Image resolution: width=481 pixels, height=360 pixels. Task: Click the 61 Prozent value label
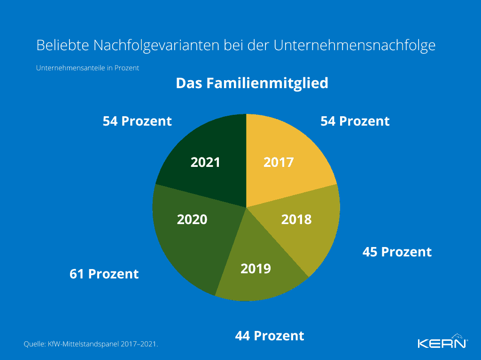pyautogui.click(x=104, y=274)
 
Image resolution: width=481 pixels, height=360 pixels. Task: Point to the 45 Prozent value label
pyautogui.click(x=397, y=252)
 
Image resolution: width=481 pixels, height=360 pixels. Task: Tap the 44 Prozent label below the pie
pyautogui.click(x=270, y=336)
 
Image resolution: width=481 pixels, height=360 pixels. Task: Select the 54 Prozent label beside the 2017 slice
pyautogui.click(x=355, y=121)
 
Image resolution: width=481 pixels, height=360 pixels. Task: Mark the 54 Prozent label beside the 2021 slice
pyautogui.click(x=137, y=121)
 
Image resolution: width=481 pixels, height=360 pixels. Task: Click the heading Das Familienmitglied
pyautogui.click(x=252, y=83)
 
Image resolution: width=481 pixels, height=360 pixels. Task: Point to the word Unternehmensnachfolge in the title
pyautogui.click(x=355, y=45)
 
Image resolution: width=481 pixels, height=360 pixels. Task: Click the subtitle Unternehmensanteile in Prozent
pyautogui.click(x=88, y=68)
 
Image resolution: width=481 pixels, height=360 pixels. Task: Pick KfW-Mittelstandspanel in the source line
pyautogui.click(x=83, y=345)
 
